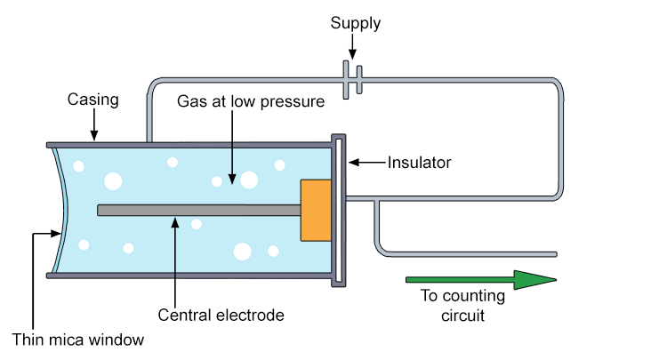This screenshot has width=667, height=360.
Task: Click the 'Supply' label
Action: click(x=355, y=23)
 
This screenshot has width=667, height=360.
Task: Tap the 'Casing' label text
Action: click(x=93, y=100)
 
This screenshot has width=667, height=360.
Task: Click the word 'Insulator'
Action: click(x=420, y=163)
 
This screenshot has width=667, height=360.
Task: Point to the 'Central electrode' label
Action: click(x=220, y=315)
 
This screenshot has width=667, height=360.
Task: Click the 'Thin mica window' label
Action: click(x=77, y=339)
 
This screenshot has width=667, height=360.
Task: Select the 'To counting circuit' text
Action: click(x=462, y=305)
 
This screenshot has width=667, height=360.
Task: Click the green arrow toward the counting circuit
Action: click(x=480, y=280)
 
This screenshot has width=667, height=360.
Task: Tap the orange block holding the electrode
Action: click(x=316, y=210)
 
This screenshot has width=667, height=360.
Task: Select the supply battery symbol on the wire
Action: click(x=352, y=80)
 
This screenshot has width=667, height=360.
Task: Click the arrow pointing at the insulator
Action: click(x=367, y=163)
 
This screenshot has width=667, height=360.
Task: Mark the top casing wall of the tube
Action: click(x=187, y=143)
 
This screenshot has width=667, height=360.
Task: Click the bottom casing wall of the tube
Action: click(x=187, y=276)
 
